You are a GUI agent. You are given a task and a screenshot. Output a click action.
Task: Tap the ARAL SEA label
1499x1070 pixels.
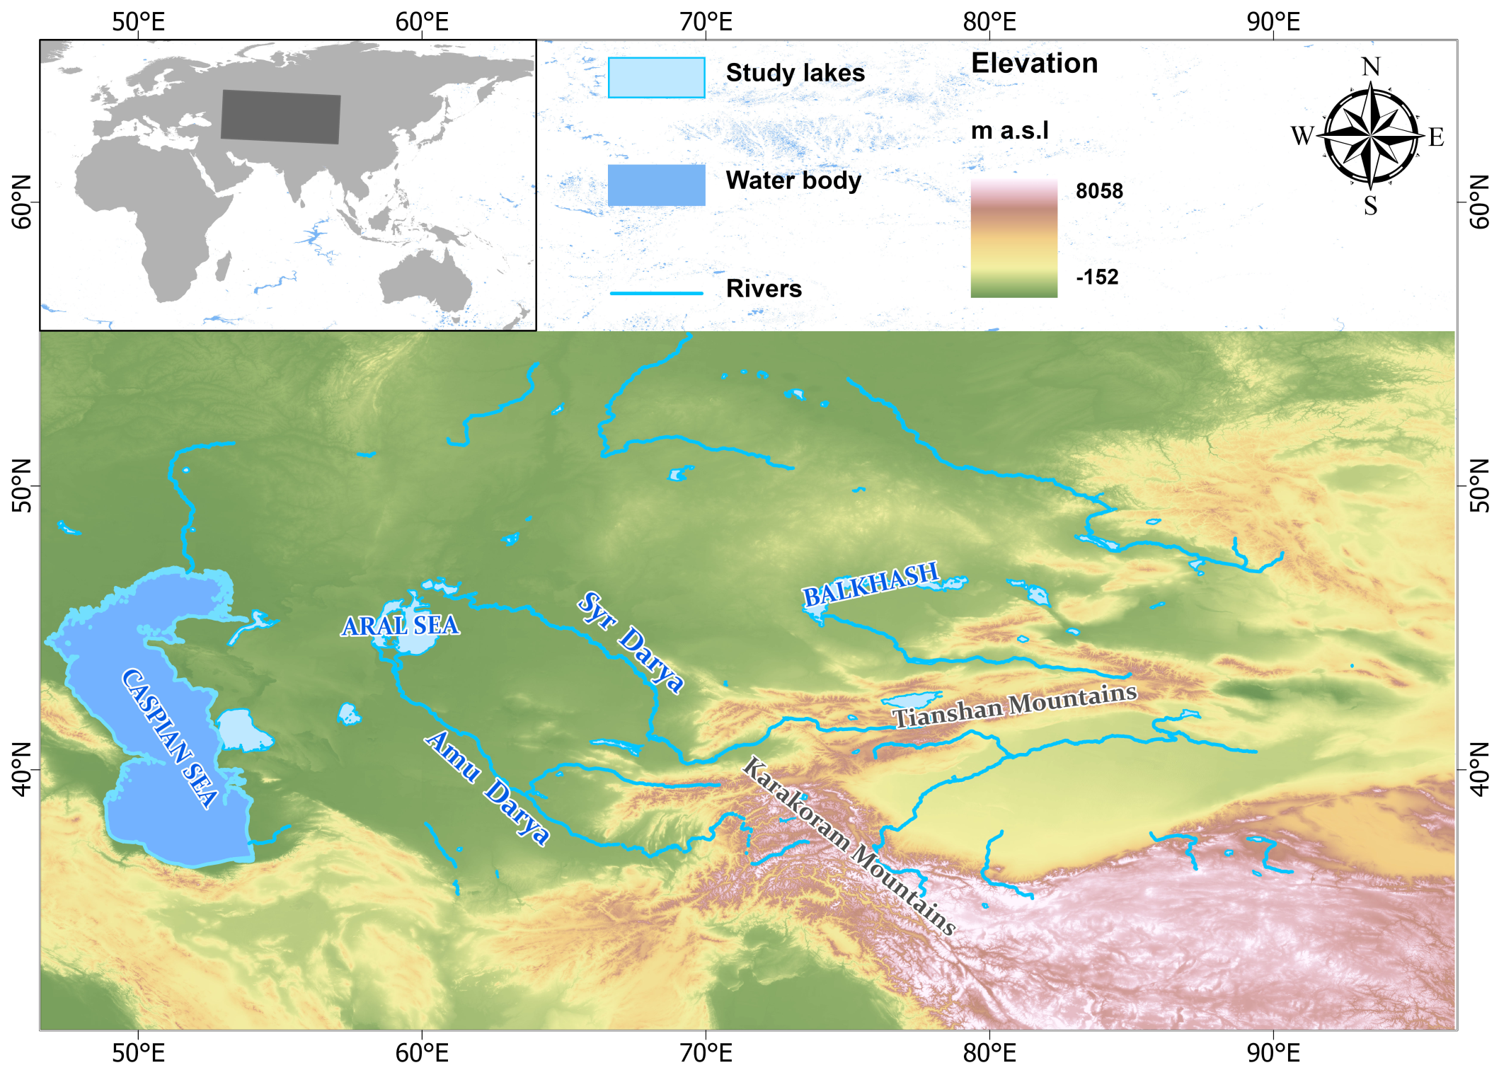coord(401,626)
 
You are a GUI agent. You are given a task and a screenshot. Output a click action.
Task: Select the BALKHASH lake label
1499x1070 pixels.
coord(871,584)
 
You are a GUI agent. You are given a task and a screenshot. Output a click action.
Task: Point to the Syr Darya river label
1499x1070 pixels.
coord(631,642)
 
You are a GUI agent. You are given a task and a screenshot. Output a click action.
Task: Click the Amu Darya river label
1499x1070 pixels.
coord(487,788)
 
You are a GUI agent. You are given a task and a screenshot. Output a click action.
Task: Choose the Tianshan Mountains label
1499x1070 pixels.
coord(1014,706)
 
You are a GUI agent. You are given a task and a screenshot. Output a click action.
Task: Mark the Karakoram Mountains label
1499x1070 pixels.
coord(849,846)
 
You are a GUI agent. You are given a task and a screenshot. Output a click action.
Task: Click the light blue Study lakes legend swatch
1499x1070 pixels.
coord(656,77)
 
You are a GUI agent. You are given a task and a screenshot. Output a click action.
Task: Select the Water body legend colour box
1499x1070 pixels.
coord(656,185)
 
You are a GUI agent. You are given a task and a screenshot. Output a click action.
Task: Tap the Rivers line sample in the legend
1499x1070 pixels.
coord(656,292)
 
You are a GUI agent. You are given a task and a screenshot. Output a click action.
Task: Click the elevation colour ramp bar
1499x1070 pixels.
coord(1013,238)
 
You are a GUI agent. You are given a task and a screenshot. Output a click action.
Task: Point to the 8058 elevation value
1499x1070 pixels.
coord(1099,191)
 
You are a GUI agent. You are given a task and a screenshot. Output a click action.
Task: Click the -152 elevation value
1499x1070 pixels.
coord(1097,277)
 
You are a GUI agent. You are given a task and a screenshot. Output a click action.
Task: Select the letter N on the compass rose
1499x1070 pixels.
coord(1371,67)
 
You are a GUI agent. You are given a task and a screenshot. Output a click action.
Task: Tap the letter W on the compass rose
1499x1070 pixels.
coord(1302,136)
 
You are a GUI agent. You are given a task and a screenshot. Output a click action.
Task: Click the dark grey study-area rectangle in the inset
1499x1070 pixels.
coord(280,117)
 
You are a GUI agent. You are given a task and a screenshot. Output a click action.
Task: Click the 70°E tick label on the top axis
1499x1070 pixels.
coord(706,22)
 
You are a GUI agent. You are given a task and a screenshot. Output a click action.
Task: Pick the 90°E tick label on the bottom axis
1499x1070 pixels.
coord(1273,1053)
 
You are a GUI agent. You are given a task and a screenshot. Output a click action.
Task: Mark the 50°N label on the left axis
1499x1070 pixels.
coord(22,485)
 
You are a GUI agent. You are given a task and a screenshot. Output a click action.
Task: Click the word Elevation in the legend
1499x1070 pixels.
coord(1034,64)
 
